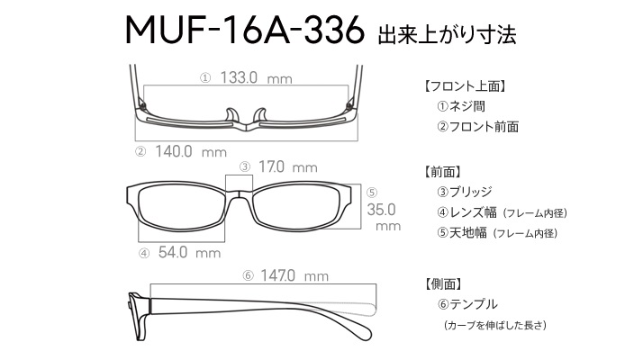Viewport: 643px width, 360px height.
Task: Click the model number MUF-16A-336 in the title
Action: [x=245, y=30]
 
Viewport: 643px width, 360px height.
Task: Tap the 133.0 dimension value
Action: [x=239, y=77]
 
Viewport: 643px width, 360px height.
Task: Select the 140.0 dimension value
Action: [x=174, y=152]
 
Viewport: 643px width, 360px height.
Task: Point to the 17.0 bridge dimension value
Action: [x=271, y=166]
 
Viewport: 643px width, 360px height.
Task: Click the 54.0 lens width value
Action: [x=173, y=252]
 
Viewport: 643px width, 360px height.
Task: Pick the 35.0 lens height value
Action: [x=381, y=210]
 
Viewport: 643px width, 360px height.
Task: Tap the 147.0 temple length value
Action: [x=277, y=275]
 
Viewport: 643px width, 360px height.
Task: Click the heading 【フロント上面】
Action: [x=465, y=86]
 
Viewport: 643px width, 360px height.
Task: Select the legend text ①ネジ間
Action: [x=461, y=106]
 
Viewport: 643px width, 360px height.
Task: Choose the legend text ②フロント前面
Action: [x=477, y=126]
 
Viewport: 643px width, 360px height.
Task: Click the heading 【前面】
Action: [x=442, y=172]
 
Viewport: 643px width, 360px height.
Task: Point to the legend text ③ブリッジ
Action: [x=465, y=192]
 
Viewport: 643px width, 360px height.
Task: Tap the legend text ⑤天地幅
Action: [x=462, y=232]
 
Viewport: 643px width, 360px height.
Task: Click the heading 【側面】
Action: [x=442, y=283]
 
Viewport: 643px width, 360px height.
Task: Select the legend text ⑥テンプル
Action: [x=467, y=304]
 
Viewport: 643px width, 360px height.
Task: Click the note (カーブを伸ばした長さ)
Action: [x=495, y=325]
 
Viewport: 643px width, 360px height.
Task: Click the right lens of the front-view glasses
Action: [x=297, y=207]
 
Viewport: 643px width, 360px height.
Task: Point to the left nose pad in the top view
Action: [x=232, y=115]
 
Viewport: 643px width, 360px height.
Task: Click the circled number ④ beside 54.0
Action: [x=144, y=254]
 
